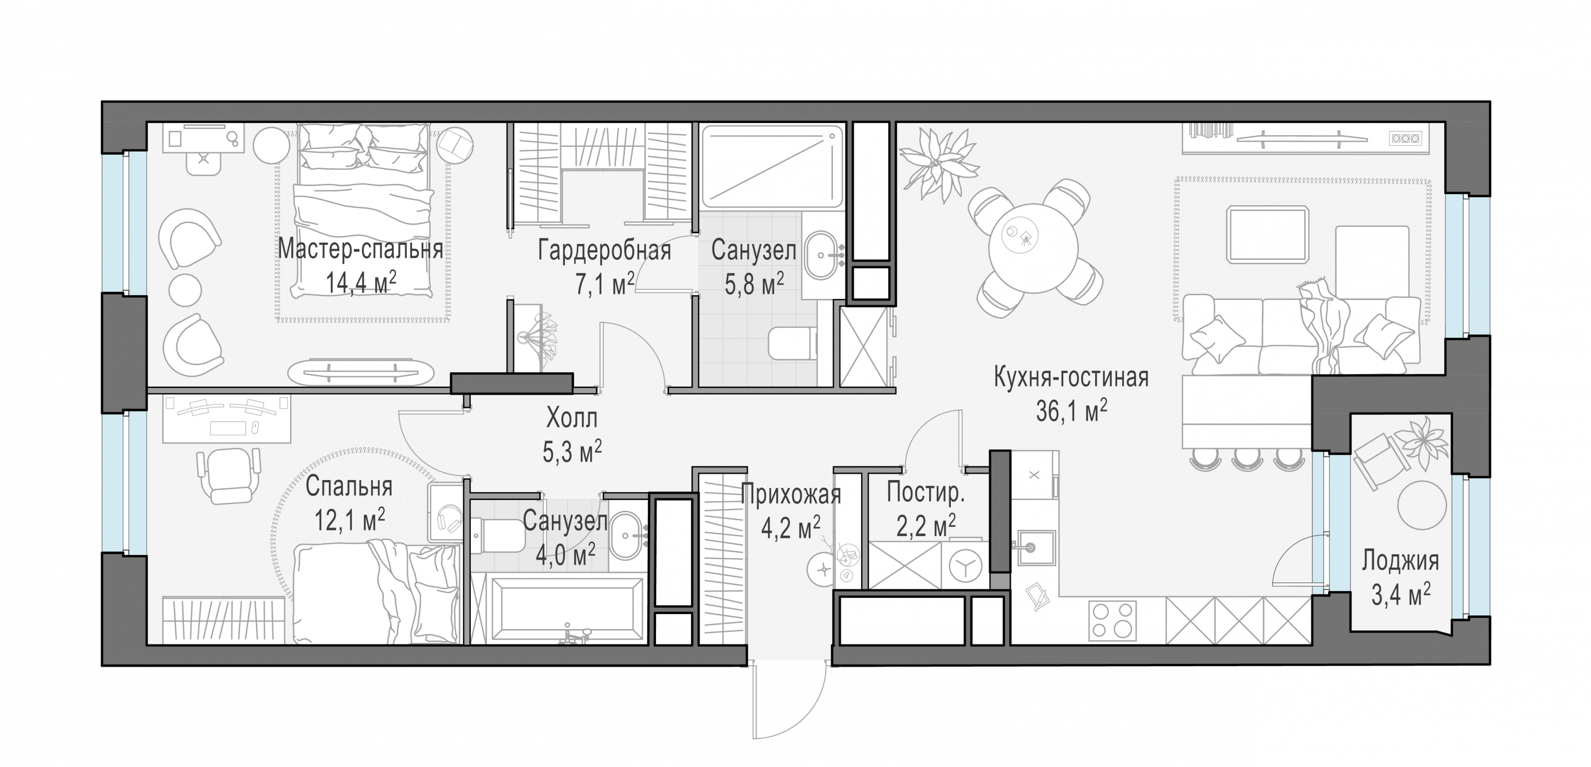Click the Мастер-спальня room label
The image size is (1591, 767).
360,249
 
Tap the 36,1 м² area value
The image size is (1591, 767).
1071,412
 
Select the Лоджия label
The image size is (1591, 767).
1400,561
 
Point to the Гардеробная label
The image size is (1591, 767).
604,251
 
